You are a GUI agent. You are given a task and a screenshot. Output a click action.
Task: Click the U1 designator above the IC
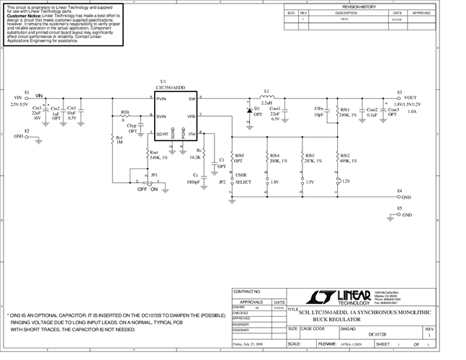[x=163, y=82]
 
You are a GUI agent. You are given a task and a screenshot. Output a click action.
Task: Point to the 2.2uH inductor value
[x=266, y=102]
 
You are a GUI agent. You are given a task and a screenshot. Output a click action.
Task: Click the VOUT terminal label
[x=410, y=98]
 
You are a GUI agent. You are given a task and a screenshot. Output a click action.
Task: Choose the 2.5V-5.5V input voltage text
[x=23, y=104]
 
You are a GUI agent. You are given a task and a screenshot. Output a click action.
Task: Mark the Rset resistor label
[x=153, y=152]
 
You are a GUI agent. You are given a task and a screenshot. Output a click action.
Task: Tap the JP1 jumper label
[x=153, y=175]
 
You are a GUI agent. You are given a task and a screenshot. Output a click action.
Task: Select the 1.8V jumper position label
[x=274, y=182]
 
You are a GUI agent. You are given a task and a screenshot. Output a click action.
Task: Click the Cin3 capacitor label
[x=37, y=109]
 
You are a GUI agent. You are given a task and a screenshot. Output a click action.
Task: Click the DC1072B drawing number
[x=377, y=335]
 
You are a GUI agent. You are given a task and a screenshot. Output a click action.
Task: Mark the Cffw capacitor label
[x=319, y=109]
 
